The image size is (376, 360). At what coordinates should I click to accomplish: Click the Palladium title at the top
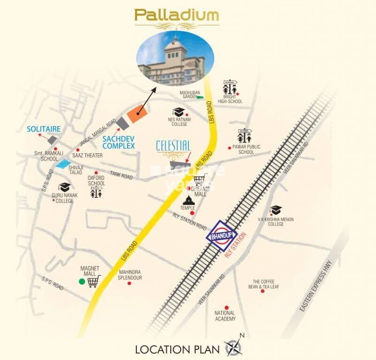click(x=177, y=15)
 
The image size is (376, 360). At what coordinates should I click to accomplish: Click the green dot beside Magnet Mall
click(x=82, y=282)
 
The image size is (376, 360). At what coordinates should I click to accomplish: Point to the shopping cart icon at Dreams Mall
click(x=200, y=180)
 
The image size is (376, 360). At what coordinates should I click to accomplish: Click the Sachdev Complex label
click(x=118, y=142)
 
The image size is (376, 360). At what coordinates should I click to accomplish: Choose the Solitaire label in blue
click(x=44, y=128)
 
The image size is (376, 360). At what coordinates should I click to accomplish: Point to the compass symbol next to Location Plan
click(x=234, y=347)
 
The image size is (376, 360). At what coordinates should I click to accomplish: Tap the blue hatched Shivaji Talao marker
click(x=63, y=164)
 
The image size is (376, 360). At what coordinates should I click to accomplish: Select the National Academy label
click(x=225, y=316)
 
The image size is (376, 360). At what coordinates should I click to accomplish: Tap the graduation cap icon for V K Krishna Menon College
click(x=276, y=210)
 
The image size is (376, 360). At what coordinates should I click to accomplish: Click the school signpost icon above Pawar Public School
click(x=244, y=136)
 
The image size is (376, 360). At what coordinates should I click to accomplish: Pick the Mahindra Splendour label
click(x=130, y=275)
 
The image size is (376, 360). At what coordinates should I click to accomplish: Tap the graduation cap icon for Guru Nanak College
click(x=64, y=187)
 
